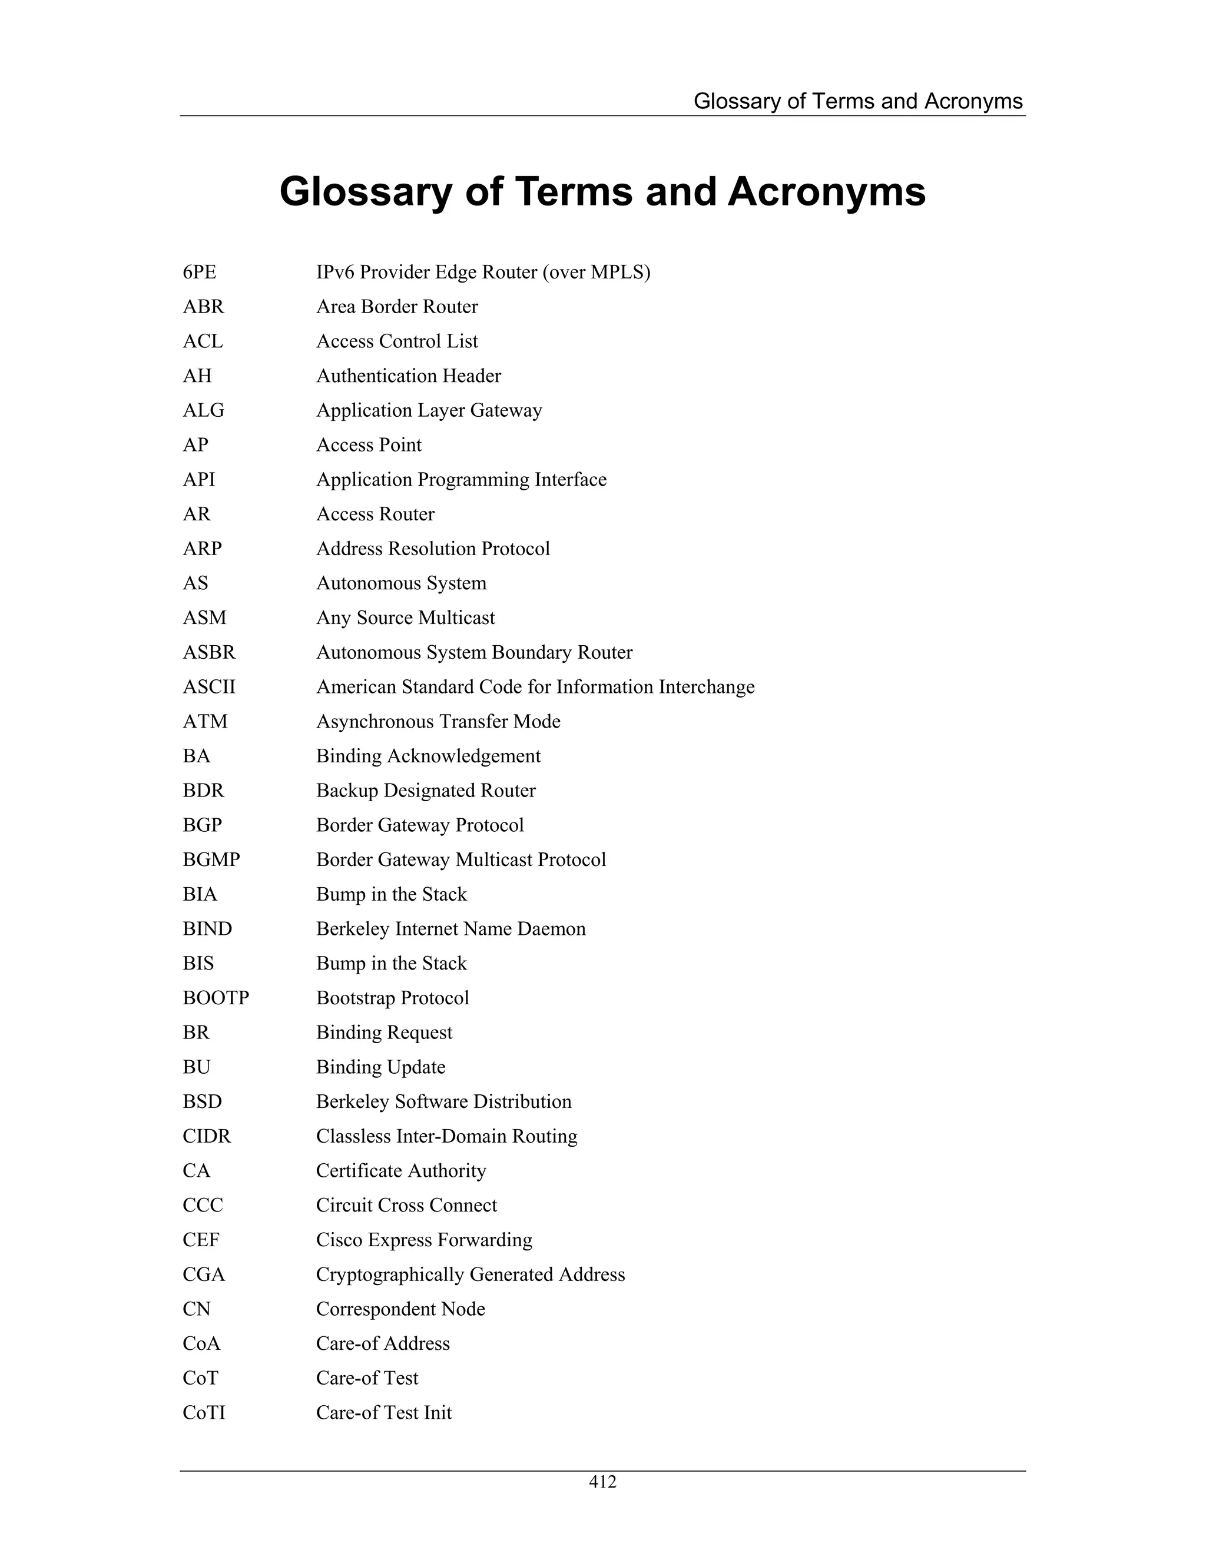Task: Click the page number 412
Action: [x=602, y=1482]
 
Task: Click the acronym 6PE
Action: [x=200, y=272]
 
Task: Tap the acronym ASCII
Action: [x=208, y=687]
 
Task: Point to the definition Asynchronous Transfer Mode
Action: [x=438, y=722]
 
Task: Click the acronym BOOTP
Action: [x=216, y=998]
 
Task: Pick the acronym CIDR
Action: [x=207, y=1136]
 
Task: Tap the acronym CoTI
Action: [x=204, y=1413]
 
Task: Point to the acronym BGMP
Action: [x=211, y=860]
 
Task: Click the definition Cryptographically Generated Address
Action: [x=470, y=1274]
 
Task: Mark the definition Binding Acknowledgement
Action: [x=428, y=756]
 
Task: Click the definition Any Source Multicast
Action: [x=405, y=618]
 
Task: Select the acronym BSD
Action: [x=202, y=1101]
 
